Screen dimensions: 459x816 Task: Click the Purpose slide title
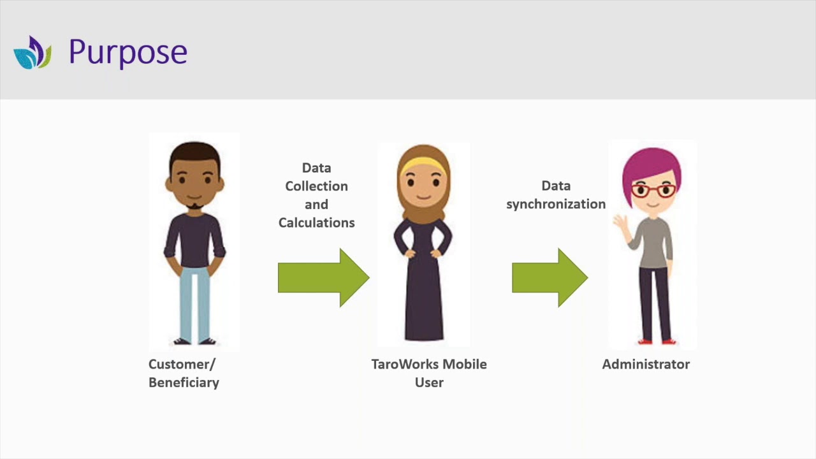click(127, 52)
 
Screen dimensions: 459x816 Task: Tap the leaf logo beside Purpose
click(32, 53)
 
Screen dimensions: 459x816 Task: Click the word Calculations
click(316, 222)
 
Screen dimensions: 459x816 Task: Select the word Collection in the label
click(316, 186)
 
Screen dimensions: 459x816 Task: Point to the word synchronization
click(555, 204)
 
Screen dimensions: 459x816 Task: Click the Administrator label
click(645, 364)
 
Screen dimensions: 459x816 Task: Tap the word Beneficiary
click(184, 382)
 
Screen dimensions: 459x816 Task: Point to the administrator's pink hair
click(652, 163)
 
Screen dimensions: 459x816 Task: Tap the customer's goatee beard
click(194, 207)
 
